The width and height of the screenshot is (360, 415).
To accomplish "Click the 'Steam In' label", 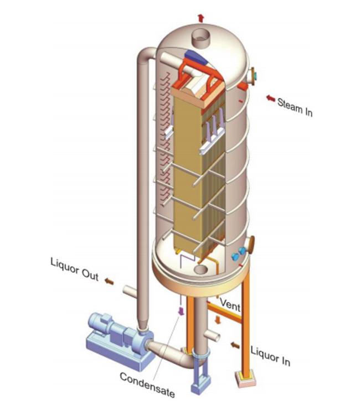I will (x=295, y=106).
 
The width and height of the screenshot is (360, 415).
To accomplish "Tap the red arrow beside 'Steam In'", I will (x=270, y=98).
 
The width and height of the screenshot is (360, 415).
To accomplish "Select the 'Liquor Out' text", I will (x=74, y=269).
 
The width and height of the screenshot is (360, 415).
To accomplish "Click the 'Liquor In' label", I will (x=270, y=356).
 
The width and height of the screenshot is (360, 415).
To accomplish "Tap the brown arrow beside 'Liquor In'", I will (x=235, y=345).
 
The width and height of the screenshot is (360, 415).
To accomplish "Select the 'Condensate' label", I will (x=147, y=385).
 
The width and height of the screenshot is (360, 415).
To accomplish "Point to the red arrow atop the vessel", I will (x=200, y=18).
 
